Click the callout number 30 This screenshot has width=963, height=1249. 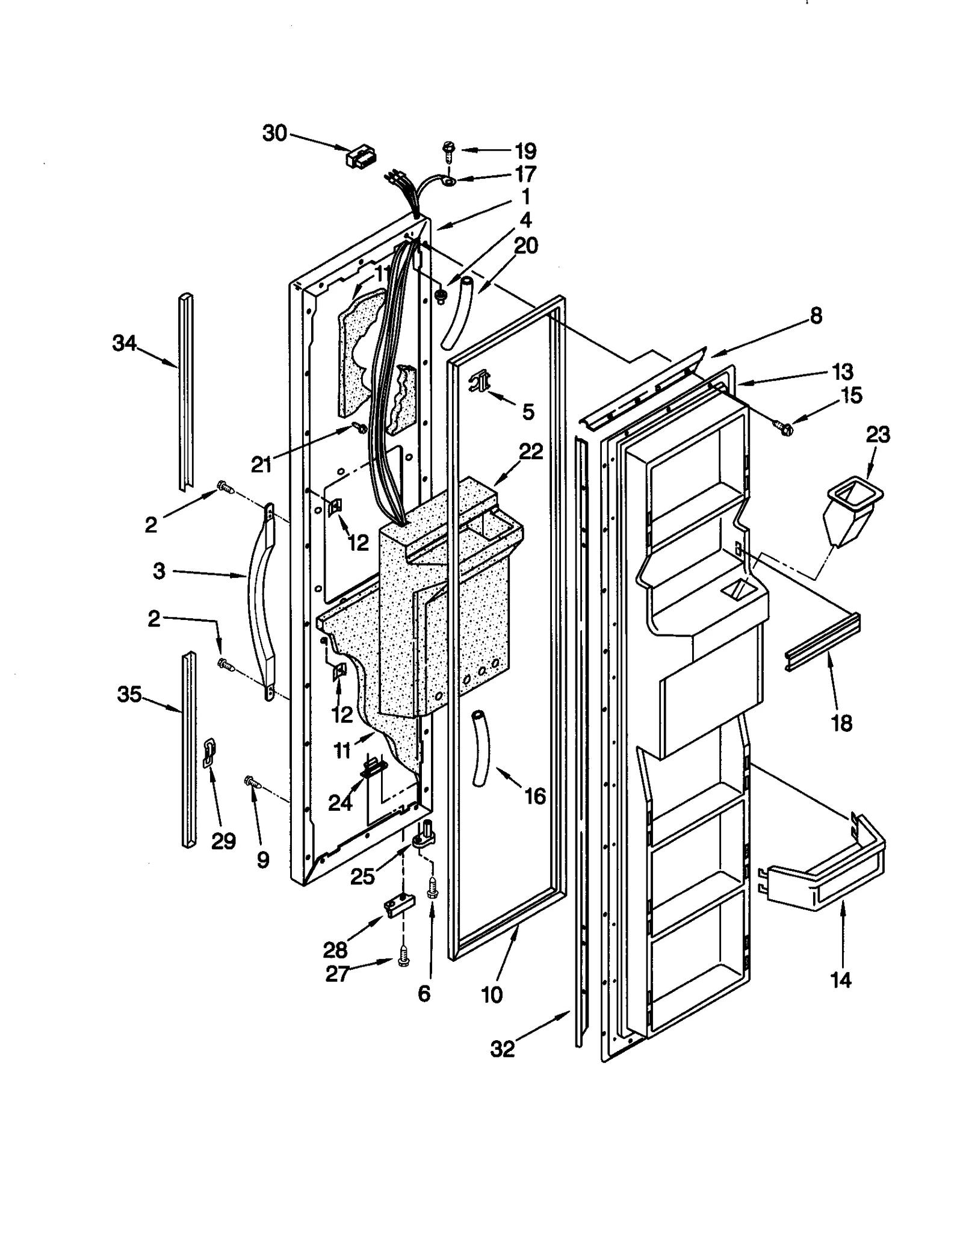coord(274,133)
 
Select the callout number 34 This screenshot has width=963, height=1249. coord(125,344)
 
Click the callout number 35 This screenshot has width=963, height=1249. coord(129,694)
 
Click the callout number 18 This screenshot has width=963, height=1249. coord(841,723)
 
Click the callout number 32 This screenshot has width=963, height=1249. coord(503,1049)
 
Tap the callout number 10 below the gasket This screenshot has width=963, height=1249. coord(492,995)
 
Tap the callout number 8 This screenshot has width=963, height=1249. coord(816,315)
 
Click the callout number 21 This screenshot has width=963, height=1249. coord(261,465)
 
